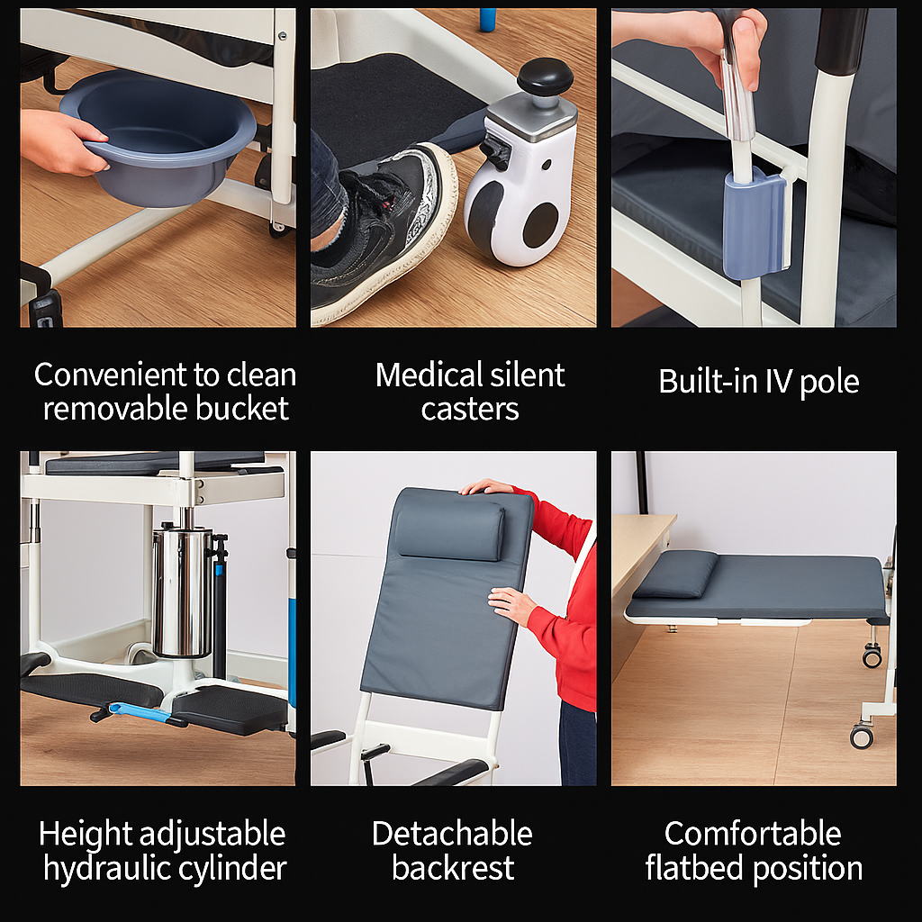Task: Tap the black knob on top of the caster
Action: click(545, 77)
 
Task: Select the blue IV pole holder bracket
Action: click(755, 223)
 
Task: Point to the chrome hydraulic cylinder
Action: click(182, 591)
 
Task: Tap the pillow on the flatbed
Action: click(676, 574)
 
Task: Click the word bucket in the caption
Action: click(241, 408)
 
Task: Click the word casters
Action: click(470, 410)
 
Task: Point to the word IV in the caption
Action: click(780, 381)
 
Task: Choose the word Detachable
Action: click(452, 833)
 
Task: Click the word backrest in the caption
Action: click(453, 868)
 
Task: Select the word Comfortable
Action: click(753, 833)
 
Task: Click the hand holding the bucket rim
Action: click(62, 143)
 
